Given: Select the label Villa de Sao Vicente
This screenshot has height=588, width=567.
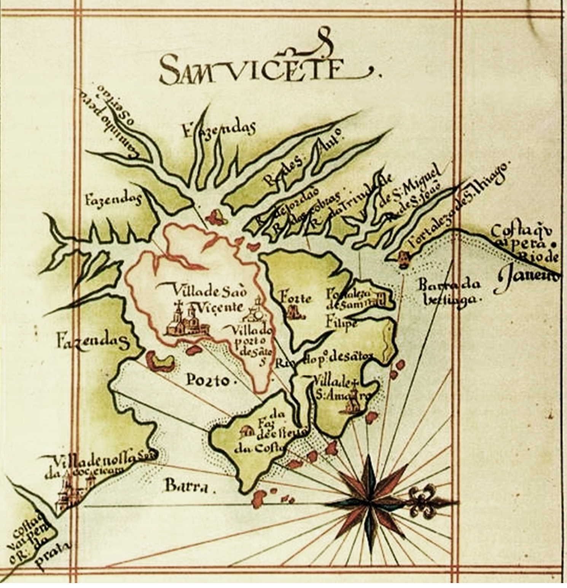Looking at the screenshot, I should [209, 299].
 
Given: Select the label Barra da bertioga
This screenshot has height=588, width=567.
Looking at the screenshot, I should [449, 292].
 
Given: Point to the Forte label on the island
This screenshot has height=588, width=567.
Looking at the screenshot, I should [295, 299].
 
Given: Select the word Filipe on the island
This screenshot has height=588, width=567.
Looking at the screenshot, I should [341, 323].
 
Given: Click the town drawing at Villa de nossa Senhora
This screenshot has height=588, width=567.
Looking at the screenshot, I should [72, 491].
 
